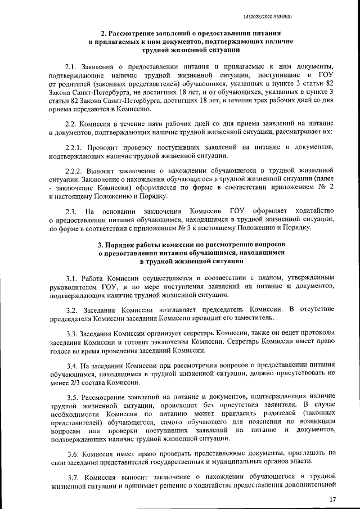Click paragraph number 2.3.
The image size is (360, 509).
(71, 211)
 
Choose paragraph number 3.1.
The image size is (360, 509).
(73, 278)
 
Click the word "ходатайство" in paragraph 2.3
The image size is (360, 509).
(313, 211)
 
